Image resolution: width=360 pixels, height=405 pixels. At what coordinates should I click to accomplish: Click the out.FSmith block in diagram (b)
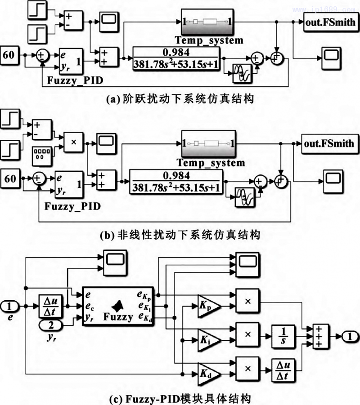(x=328, y=143)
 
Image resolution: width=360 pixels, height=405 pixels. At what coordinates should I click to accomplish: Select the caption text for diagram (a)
(x=180, y=99)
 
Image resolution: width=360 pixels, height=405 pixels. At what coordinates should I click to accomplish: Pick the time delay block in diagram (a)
(x=243, y=73)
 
